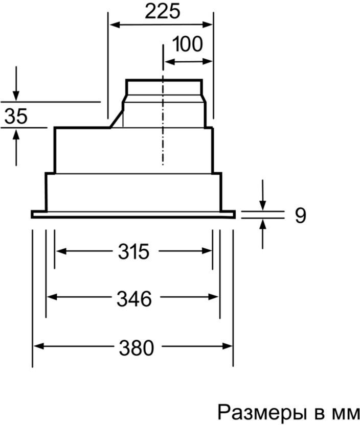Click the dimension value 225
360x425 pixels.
(163, 12)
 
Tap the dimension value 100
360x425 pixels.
(188, 44)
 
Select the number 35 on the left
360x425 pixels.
(16, 116)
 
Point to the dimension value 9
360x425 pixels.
(301, 216)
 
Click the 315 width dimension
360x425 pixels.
(134, 251)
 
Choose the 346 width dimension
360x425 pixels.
(134, 298)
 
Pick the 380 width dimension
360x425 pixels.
(137, 348)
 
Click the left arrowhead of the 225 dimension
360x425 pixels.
(115, 25)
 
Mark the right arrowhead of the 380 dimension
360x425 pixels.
(228, 346)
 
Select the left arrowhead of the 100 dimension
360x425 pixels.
(170, 62)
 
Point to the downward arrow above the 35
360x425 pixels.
(16, 83)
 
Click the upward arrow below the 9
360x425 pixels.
(262, 234)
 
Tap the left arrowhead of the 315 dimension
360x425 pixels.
(61, 251)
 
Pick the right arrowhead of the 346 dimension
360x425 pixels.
(213, 297)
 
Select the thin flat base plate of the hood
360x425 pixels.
(133, 214)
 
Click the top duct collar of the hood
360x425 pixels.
(164, 87)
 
